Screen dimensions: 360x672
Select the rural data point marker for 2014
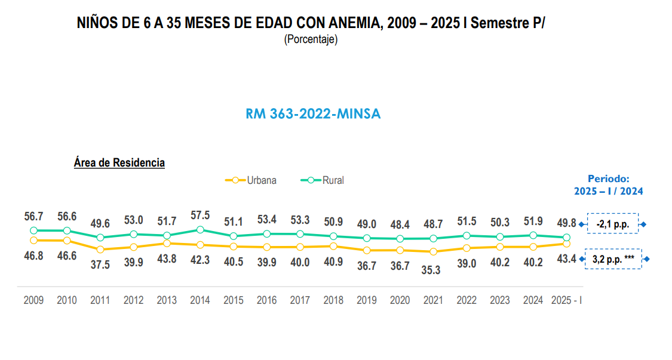coord(200,230)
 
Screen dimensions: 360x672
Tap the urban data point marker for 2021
coord(433,251)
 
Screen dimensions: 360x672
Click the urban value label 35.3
coord(433,270)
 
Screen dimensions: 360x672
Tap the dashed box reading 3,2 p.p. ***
coord(613,259)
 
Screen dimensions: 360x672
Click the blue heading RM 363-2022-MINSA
coord(313,114)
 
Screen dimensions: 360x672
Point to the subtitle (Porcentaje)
coord(311,41)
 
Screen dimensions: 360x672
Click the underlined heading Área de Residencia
coord(119,162)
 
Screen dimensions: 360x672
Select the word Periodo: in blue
coord(608,179)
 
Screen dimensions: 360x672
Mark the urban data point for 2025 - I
coord(566,244)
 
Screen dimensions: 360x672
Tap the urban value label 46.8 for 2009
coord(33,256)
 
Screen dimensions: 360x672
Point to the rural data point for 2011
coord(100,238)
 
